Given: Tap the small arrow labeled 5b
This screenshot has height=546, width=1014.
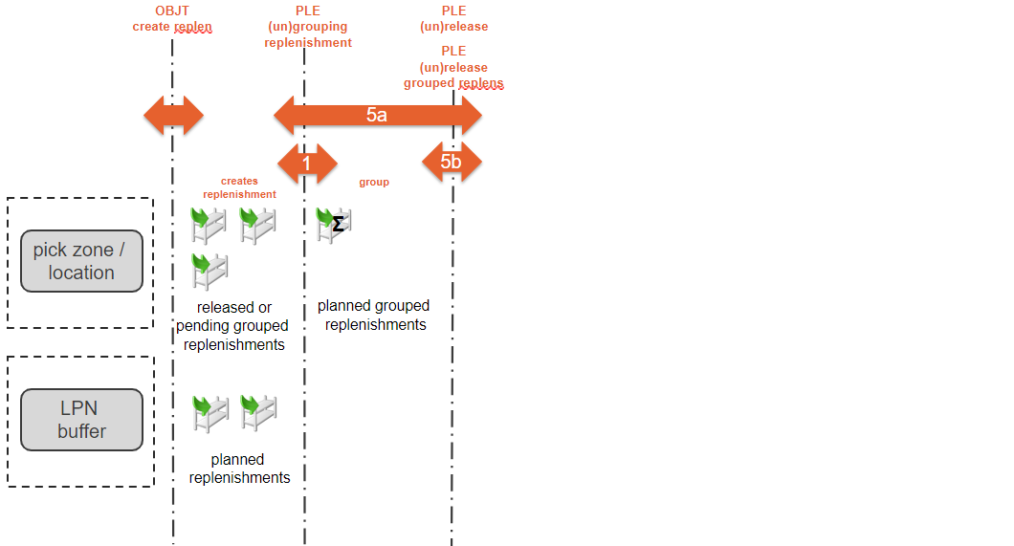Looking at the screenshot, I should (x=452, y=162).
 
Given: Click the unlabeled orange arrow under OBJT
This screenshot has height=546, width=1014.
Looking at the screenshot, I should (x=173, y=116).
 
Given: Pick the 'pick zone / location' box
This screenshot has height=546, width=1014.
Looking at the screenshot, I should (x=81, y=261).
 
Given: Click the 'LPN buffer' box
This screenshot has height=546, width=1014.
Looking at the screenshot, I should (x=81, y=420).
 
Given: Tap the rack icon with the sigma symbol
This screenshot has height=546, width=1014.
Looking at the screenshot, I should (x=334, y=224).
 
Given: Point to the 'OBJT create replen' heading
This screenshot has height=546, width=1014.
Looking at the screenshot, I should (x=172, y=19).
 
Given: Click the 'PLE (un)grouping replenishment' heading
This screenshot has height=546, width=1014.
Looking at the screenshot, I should (x=308, y=27).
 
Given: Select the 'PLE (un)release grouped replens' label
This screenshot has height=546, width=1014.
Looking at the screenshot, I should (x=453, y=67).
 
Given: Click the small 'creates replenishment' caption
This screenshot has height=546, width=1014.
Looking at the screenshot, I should (x=239, y=187).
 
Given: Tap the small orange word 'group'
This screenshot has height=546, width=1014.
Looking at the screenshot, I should (x=374, y=182).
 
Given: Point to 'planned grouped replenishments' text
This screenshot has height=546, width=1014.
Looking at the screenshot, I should (x=374, y=316).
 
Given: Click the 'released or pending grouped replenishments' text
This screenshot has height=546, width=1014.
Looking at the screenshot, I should (x=233, y=326).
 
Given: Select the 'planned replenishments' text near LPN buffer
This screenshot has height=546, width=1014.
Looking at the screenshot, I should (x=239, y=469).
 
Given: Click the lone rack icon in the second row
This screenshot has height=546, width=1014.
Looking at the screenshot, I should (x=209, y=271).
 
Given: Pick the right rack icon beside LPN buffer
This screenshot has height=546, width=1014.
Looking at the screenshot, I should (x=258, y=413).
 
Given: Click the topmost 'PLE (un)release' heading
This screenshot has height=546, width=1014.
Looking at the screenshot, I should (x=453, y=19).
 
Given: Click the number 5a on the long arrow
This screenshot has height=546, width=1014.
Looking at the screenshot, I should (x=377, y=115).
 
